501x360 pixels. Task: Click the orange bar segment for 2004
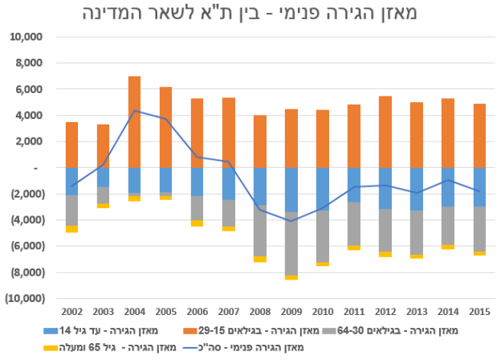(135, 121)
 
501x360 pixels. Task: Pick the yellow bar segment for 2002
(71, 229)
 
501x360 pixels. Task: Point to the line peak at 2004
(135, 111)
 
